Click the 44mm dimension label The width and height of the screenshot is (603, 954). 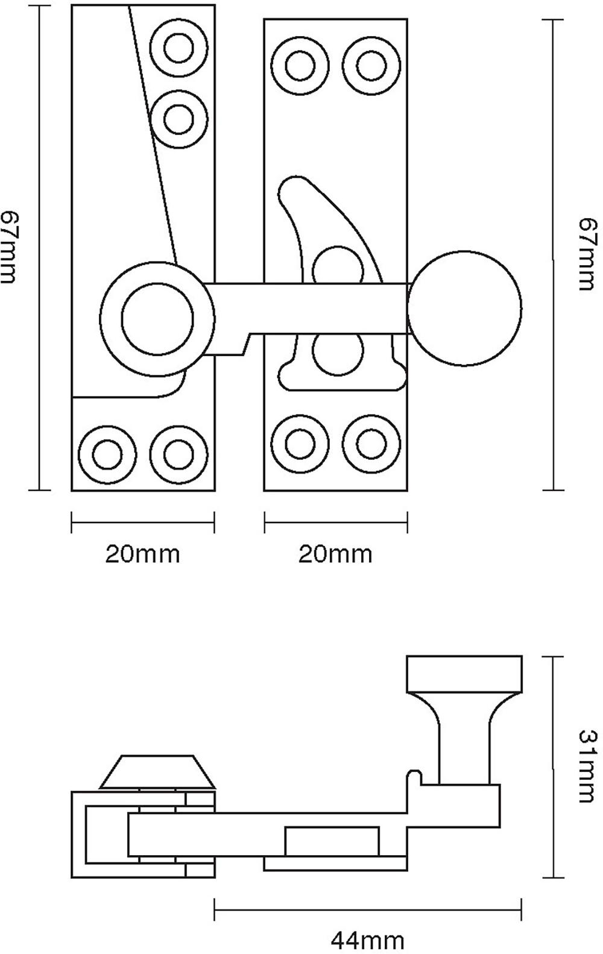click(367, 939)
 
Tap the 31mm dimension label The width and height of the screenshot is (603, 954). click(587, 766)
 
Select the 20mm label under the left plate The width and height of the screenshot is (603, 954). click(142, 553)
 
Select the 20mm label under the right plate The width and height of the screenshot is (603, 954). click(335, 553)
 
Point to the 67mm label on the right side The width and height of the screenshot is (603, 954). click(587, 254)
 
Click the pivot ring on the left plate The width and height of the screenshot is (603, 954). click(157, 319)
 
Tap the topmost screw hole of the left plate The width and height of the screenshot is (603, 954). click(178, 49)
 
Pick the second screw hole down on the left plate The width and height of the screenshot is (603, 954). click(178, 118)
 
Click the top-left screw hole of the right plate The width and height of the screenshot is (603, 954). click(300, 66)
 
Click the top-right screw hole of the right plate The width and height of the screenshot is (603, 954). click(371, 66)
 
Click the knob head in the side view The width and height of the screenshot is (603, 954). click(464, 674)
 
